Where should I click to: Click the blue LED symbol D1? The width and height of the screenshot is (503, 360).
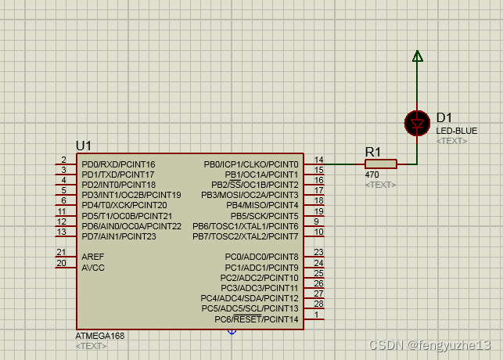tap(417, 123)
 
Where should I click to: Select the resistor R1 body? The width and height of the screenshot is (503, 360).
tap(381, 164)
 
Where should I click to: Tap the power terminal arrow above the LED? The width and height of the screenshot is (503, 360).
tap(417, 56)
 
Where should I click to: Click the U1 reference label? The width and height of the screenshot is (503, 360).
tap(84, 146)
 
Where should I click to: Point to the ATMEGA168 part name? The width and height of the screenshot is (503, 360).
tap(100, 335)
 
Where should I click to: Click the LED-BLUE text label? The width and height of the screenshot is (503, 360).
tap(457, 131)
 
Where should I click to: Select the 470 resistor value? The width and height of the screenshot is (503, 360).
tap(372, 175)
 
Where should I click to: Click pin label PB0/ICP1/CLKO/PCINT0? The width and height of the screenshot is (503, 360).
tap(251, 164)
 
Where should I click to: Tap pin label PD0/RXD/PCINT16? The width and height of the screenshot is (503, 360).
tap(118, 164)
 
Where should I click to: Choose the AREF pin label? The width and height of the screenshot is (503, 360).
tap(92, 257)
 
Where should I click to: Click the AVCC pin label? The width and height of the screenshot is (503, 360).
tap(92, 267)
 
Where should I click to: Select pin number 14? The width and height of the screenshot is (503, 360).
tap(318, 160)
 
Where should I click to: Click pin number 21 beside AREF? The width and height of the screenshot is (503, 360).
tap(61, 252)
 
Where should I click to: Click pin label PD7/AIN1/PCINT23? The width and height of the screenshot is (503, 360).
tap(119, 236)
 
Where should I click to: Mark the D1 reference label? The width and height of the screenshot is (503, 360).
tap(444, 117)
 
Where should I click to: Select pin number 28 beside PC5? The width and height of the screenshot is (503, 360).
tap(318, 304)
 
